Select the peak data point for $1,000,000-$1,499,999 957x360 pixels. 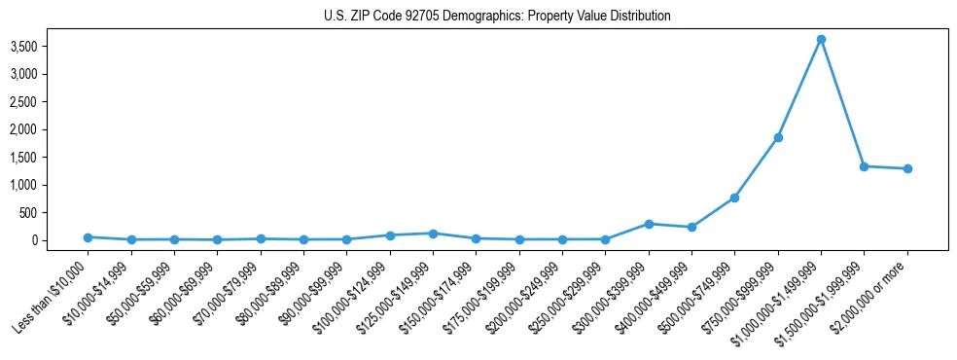pyautogui.click(x=821, y=39)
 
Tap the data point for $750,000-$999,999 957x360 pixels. pyautogui.click(x=778, y=137)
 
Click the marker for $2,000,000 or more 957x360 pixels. pyautogui.click(x=907, y=168)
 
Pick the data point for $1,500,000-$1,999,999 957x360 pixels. pyautogui.click(x=864, y=166)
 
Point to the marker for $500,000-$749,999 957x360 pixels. pyautogui.click(x=734, y=198)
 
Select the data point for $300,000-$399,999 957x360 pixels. pyautogui.click(x=649, y=224)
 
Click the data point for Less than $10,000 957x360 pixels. pyautogui.click(x=88, y=237)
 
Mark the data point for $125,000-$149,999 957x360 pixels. pyautogui.click(x=433, y=234)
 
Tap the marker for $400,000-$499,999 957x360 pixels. pyautogui.click(x=691, y=227)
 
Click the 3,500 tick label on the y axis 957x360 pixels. pyautogui.click(x=51, y=46)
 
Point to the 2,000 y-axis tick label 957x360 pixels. pyautogui.click(x=51, y=129)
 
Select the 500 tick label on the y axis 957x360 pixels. pyautogui.click(x=55, y=213)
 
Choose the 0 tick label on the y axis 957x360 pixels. pyautogui.click(x=61, y=240)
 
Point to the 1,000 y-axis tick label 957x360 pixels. pyautogui.click(x=51, y=185)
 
